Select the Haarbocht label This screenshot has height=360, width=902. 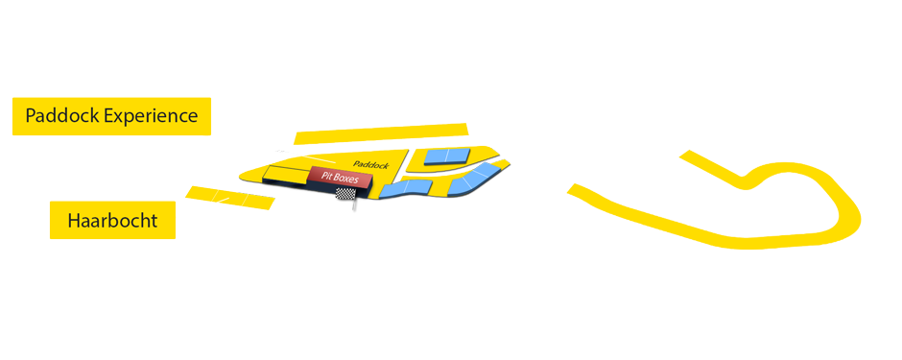pyautogui.click(x=112, y=222)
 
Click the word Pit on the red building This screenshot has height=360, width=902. pyautogui.click(x=328, y=176)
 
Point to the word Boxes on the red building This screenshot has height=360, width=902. pyautogui.click(x=346, y=180)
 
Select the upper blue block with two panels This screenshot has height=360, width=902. pyautogui.click(x=448, y=156)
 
